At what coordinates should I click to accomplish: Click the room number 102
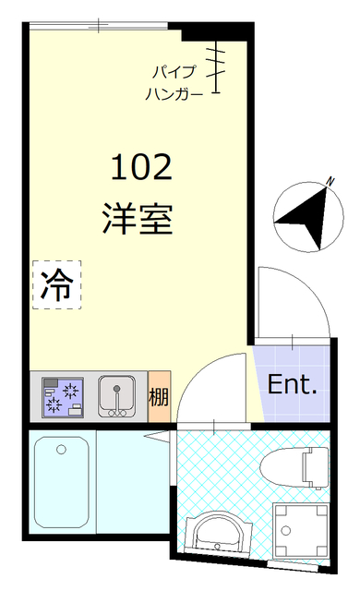click(x=141, y=168)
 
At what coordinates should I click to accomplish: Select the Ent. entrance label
click(x=292, y=384)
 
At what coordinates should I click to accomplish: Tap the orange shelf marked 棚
click(x=159, y=398)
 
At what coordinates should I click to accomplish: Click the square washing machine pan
click(x=301, y=530)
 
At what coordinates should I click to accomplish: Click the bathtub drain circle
click(x=61, y=450)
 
